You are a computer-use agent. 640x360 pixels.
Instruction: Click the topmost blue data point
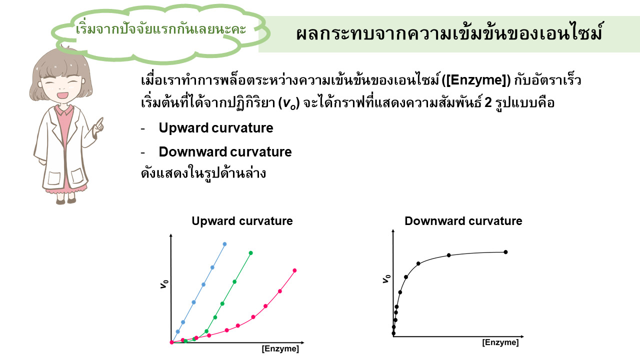pyautogui.click(x=224, y=244)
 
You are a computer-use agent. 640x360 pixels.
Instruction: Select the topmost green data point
pyautogui.click(x=251, y=253)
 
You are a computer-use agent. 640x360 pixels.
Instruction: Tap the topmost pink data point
pyautogui.click(x=294, y=270)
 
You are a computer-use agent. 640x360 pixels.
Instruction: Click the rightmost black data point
pyautogui.click(x=505, y=252)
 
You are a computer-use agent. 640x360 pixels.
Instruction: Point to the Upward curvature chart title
pyautogui.click(x=242, y=221)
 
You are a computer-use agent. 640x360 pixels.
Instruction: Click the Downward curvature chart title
pyautogui.click(x=463, y=221)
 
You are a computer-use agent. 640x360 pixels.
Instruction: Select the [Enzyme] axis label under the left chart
pyautogui.click(x=280, y=348)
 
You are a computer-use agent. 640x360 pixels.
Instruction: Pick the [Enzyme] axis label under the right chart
pyautogui.click(x=500, y=342)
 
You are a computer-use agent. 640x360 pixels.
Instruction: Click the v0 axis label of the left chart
pyautogui.click(x=164, y=284)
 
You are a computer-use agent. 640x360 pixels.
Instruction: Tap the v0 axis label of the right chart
pyautogui.click(x=386, y=278)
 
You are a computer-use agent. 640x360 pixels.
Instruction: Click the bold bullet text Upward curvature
pyautogui.click(x=216, y=127)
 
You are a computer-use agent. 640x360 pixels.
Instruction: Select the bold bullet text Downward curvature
pyautogui.click(x=225, y=151)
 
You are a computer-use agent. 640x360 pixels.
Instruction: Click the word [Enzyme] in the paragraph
pyautogui.click(x=476, y=80)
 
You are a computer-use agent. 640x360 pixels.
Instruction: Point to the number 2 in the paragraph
pyautogui.click(x=488, y=102)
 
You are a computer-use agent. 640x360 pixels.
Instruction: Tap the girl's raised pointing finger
pyautogui.click(x=100, y=122)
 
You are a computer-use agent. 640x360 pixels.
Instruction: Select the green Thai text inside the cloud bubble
pyautogui.click(x=161, y=29)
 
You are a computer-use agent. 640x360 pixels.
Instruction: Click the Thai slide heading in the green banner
pyautogui.click(x=449, y=33)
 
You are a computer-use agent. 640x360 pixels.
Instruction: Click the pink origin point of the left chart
pyautogui.click(x=171, y=342)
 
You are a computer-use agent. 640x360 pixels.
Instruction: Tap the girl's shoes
pyautogui.click(x=66, y=201)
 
